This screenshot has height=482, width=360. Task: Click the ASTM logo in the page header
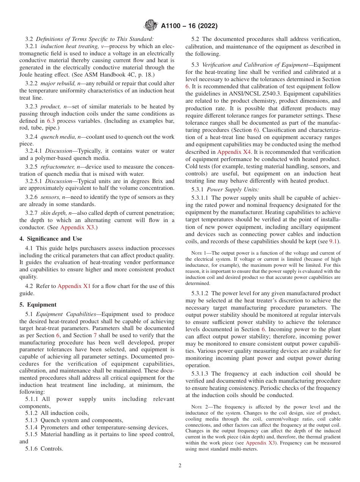[151, 26]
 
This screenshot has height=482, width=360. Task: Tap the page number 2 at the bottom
[180, 466]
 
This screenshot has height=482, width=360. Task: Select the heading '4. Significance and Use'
[50, 239]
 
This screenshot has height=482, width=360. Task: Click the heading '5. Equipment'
[38, 305]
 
